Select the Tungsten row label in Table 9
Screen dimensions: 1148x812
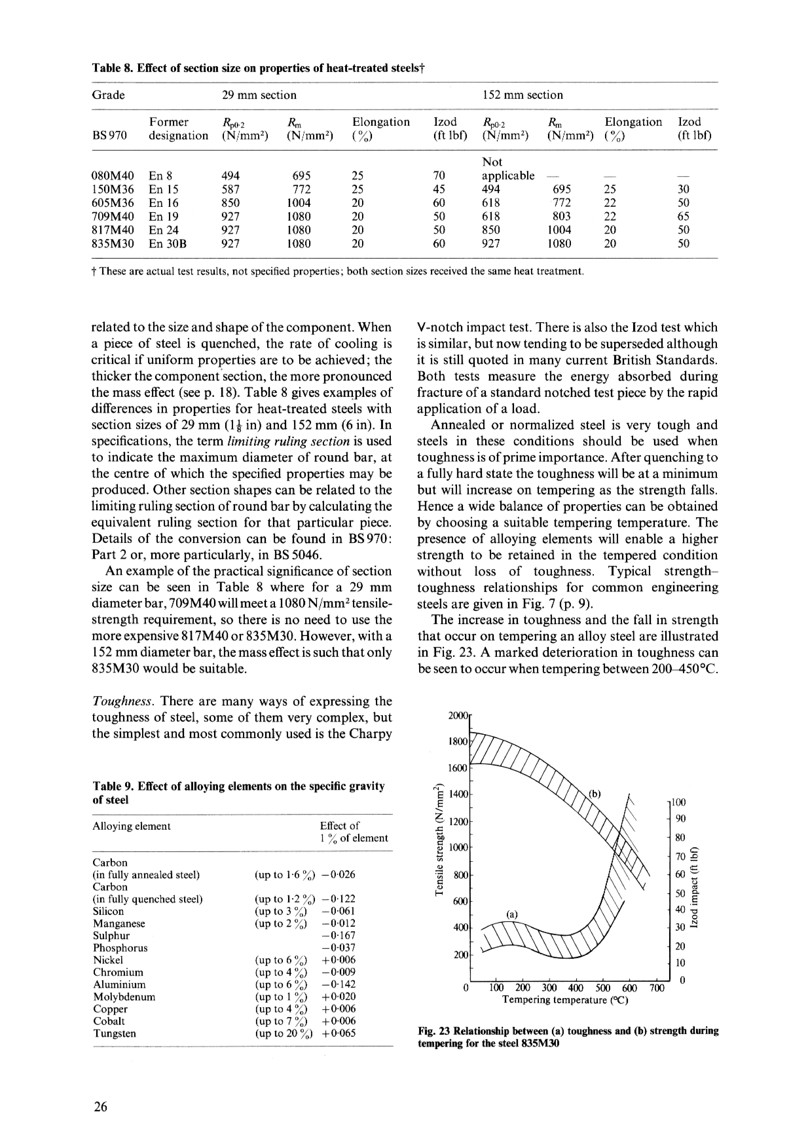coord(115,1034)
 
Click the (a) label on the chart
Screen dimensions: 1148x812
coord(512,914)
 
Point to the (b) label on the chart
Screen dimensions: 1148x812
coord(595,794)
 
